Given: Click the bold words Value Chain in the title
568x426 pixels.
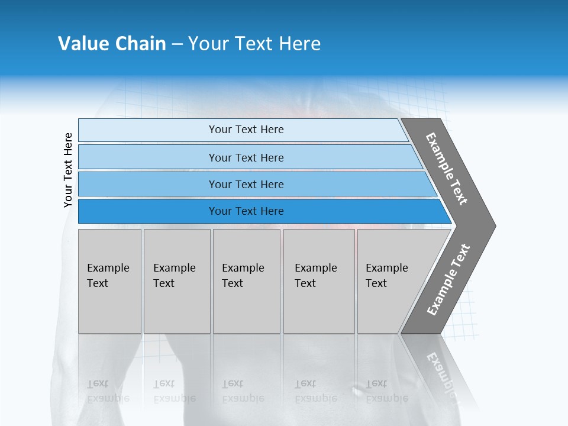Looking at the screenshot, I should point(112,44).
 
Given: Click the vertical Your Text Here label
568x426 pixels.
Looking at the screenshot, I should point(68,170).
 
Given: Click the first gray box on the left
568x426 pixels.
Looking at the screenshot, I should point(109,281).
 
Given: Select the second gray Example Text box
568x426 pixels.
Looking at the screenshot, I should point(176,281).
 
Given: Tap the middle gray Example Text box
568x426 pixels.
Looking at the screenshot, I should point(246,281).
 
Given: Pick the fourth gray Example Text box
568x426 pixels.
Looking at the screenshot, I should point(318,281).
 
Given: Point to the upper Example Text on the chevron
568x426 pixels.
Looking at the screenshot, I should point(447,169).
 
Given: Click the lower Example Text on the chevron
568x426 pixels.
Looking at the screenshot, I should point(448,279).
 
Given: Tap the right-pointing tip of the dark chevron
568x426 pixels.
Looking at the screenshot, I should point(492,225).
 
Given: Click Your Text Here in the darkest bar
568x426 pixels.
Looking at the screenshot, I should point(246,211).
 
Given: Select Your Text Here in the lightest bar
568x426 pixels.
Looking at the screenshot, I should point(246,130).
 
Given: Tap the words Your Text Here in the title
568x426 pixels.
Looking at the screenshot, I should point(254,44).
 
